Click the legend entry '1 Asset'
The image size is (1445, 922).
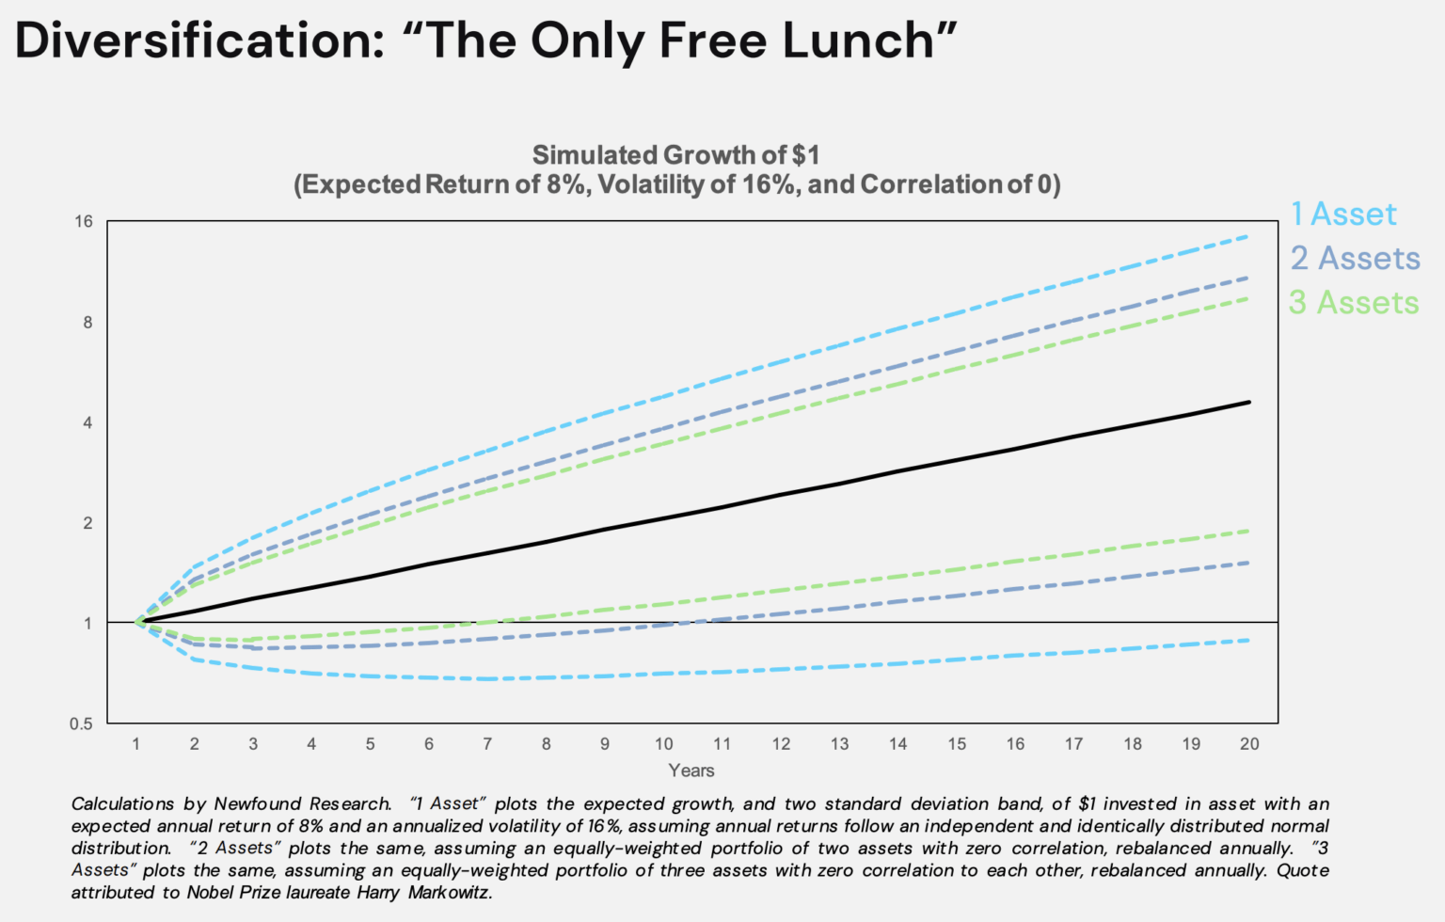point(1342,215)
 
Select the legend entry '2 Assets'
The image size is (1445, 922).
point(1355,259)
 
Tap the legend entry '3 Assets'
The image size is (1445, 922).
point(1353,303)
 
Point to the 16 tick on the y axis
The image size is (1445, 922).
point(85,222)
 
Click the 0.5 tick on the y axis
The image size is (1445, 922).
point(82,723)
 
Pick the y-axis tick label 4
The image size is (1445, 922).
point(87,422)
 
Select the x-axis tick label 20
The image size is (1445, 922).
point(1248,744)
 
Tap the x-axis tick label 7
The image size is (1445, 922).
point(487,744)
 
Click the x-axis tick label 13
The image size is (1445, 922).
point(839,744)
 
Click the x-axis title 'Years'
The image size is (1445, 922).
point(691,771)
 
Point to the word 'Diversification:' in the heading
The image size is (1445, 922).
point(199,41)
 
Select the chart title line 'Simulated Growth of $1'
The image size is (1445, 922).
point(675,155)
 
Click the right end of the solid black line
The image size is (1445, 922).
point(1249,402)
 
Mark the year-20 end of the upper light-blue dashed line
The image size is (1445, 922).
point(1247,236)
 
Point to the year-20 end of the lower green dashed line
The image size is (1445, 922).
point(1248,531)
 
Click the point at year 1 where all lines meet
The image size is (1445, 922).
point(137,622)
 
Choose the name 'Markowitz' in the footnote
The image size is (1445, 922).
point(449,893)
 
